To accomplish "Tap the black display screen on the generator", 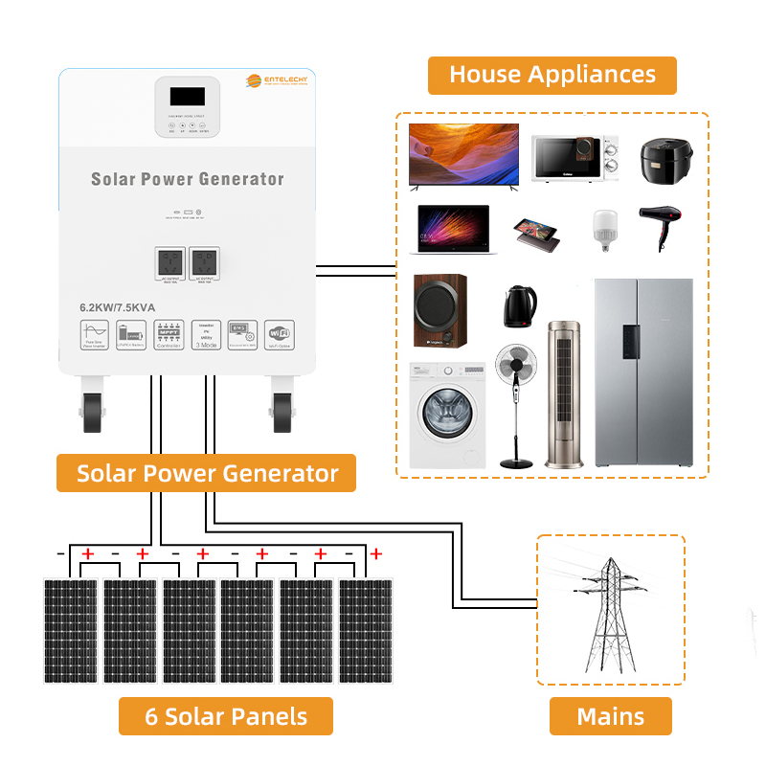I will [x=187, y=97].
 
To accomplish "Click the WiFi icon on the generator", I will [x=279, y=333].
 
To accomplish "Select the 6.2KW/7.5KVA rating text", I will [x=117, y=307].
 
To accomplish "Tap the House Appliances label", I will [x=552, y=75].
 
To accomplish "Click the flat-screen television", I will [x=463, y=154].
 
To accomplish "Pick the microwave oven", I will [x=574, y=158].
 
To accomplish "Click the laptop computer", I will [x=453, y=230].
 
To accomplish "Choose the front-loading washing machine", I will [x=447, y=415].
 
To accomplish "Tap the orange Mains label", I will [x=610, y=716].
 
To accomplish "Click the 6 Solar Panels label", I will [x=226, y=716].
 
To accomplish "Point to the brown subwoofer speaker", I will [x=440, y=311].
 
